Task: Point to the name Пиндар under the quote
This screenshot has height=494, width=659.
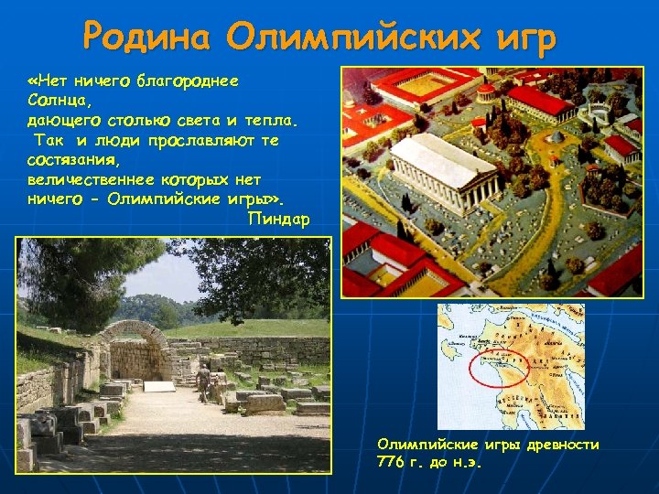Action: click(x=278, y=220)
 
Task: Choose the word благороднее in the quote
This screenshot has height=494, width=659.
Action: click(x=187, y=81)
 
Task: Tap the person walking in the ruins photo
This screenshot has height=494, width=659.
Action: click(x=203, y=381)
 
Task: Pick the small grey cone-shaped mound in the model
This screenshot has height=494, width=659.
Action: click(x=556, y=135)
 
